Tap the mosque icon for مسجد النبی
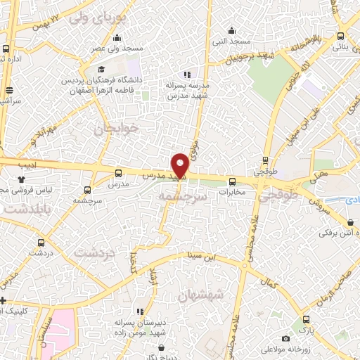(231, 30)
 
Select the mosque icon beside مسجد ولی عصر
(116, 37)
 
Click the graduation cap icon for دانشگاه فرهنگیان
(101, 70)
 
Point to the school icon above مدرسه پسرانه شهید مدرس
(187, 75)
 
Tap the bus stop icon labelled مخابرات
(232, 181)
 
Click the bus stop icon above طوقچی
(265, 160)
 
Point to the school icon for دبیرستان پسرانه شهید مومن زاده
(140, 311)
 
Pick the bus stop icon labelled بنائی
(340, 37)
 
